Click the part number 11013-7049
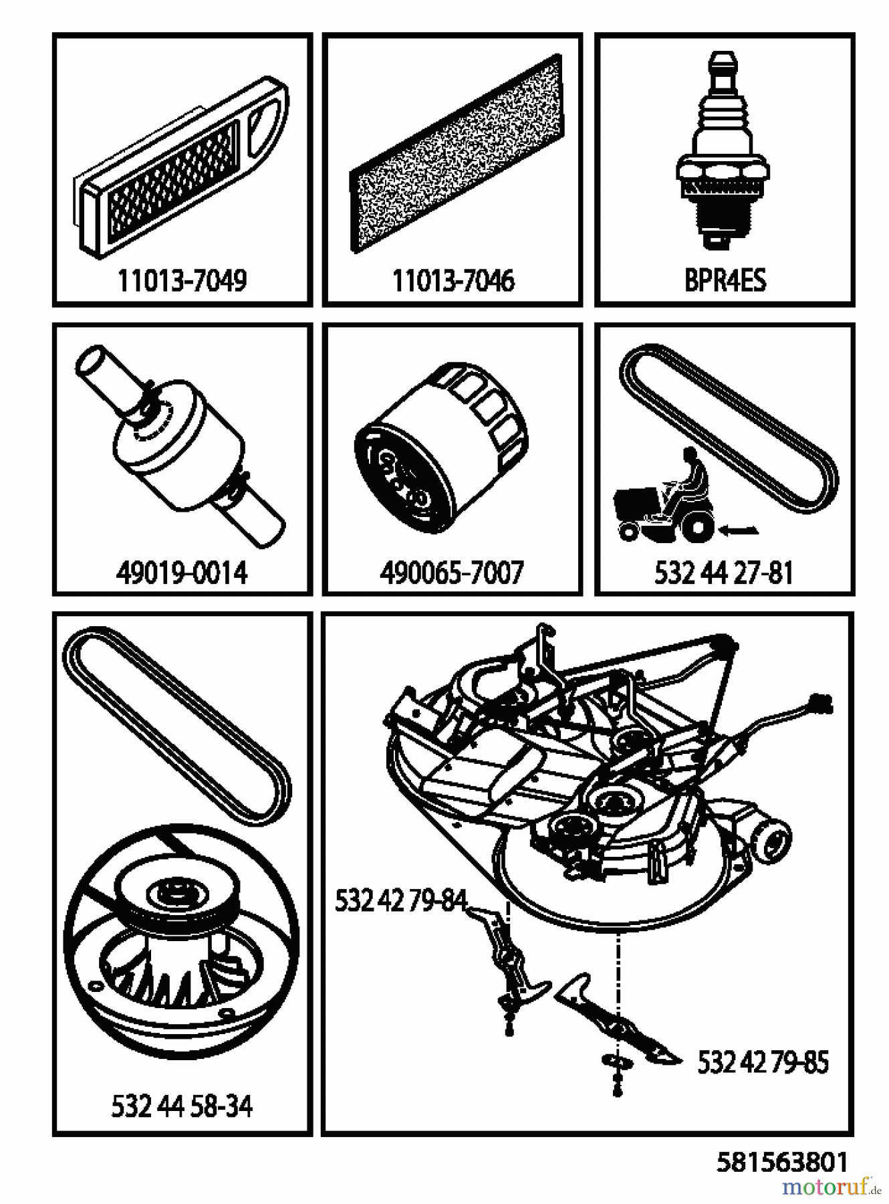(x=182, y=281)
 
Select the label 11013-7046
(x=453, y=281)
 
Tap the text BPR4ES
(x=725, y=281)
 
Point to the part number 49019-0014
(x=182, y=573)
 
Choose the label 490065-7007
(x=451, y=573)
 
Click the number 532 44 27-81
(x=723, y=573)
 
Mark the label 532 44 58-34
(x=182, y=1106)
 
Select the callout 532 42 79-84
(x=400, y=901)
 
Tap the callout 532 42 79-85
(x=763, y=1062)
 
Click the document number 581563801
(x=782, y=1162)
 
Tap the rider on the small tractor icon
(x=691, y=482)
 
